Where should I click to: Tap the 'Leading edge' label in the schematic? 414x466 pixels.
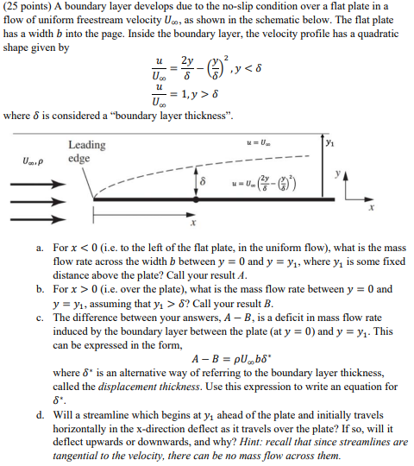[87, 151]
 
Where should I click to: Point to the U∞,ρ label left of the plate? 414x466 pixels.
[33, 160]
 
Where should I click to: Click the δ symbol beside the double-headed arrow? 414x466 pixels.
[203, 183]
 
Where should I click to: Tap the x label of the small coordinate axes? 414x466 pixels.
[373, 208]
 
